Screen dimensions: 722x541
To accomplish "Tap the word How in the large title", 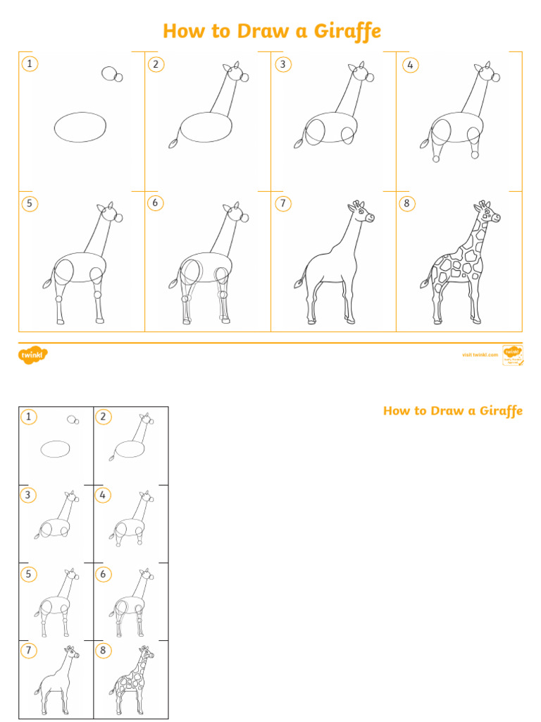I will coord(182,32).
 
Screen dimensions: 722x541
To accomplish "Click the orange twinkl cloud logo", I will coord(32,355).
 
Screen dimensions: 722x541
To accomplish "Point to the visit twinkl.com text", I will coord(480,355).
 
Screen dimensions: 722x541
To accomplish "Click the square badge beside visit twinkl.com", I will coord(511,355).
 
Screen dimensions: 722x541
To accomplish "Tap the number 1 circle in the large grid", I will coord(29,64).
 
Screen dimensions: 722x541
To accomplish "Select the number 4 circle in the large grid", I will coord(409,65).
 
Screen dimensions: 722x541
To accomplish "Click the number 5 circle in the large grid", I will coord(29,204).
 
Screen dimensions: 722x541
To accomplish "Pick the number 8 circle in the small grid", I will coord(103,650).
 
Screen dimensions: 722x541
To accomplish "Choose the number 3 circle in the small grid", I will coord(28,495).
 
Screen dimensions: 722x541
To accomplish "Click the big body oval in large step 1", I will coord(80,128).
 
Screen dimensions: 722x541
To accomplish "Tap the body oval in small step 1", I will coord(55,449).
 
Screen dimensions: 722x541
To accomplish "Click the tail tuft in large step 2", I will coord(173,144).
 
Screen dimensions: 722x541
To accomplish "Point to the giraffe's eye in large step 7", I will coord(361,210).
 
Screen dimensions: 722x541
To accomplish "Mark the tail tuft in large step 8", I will coord(425,283).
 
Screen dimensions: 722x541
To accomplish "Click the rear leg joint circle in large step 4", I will coord(436,159).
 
